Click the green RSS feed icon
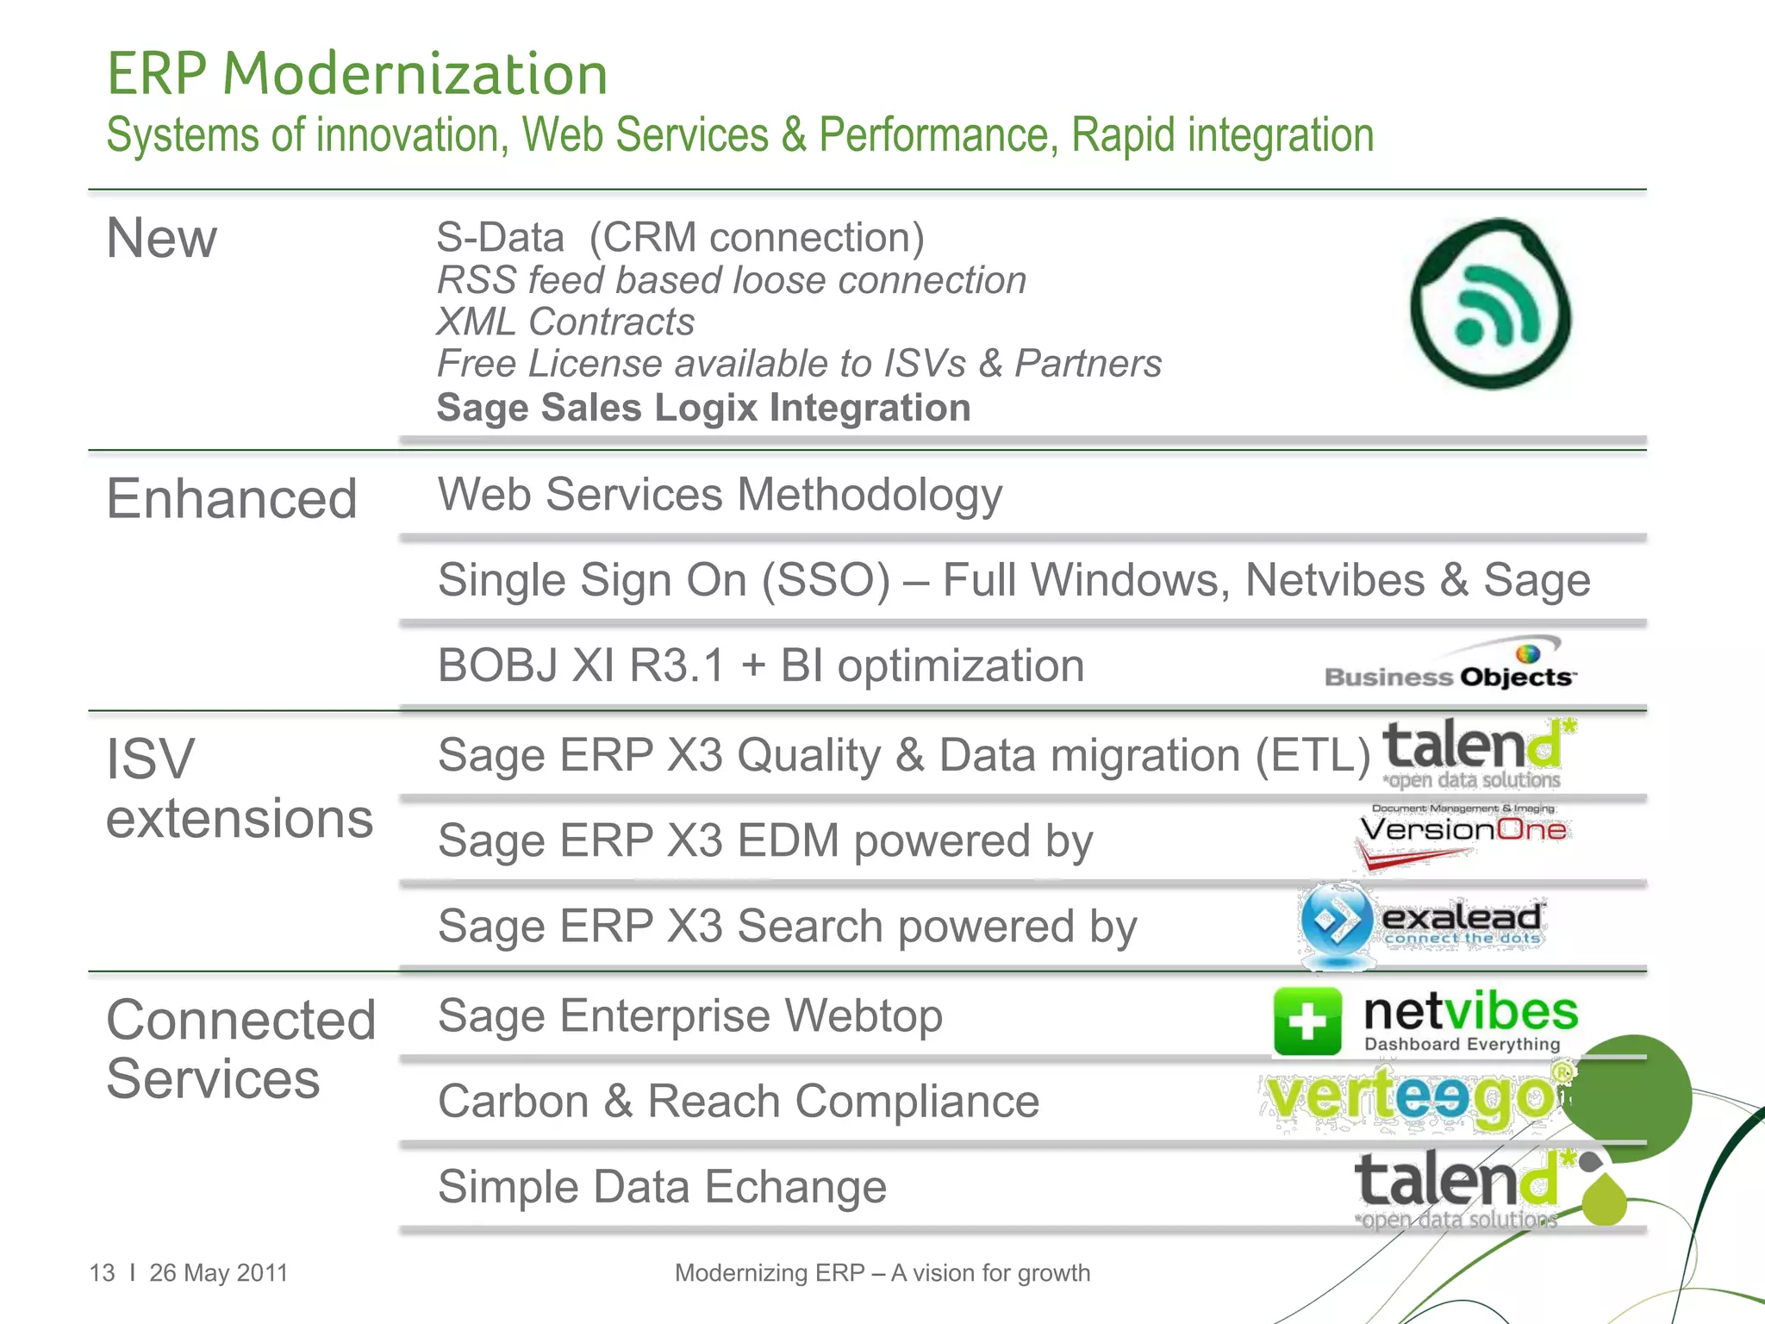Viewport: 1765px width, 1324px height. (1491, 303)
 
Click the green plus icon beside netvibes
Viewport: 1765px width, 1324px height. (1307, 1021)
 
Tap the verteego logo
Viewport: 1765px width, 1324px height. (1413, 1099)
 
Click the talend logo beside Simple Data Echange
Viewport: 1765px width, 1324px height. (1465, 1188)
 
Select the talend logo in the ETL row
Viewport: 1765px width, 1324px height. (1475, 753)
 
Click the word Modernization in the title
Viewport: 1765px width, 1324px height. (415, 73)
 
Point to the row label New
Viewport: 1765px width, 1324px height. (161, 238)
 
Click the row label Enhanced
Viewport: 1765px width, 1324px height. (231, 499)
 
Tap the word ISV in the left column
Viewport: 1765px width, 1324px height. (150, 759)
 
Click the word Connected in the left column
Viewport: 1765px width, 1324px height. (240, 1021)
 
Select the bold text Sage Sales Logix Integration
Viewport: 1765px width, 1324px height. (703, 408)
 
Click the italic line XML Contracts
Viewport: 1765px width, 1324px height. (564, 322)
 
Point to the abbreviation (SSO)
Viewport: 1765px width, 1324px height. (825, 580)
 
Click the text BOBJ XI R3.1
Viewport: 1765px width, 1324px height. (582, 665)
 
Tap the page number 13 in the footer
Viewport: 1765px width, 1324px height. (102, 1273)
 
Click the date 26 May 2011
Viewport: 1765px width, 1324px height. (218, 1273)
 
